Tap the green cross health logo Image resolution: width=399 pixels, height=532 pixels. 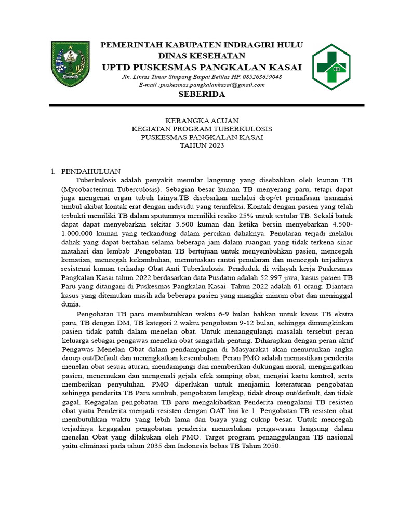[334, 67]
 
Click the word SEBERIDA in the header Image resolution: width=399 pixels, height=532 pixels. [202, 94]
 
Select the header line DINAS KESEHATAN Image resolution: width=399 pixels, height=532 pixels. [202, 56]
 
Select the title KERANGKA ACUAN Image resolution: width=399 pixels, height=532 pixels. [202, 121]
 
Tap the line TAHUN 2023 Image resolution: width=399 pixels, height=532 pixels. [202, 145]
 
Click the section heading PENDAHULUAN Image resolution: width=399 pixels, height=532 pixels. [91, 171]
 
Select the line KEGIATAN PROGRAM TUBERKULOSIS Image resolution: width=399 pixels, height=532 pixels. [202, 129]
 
